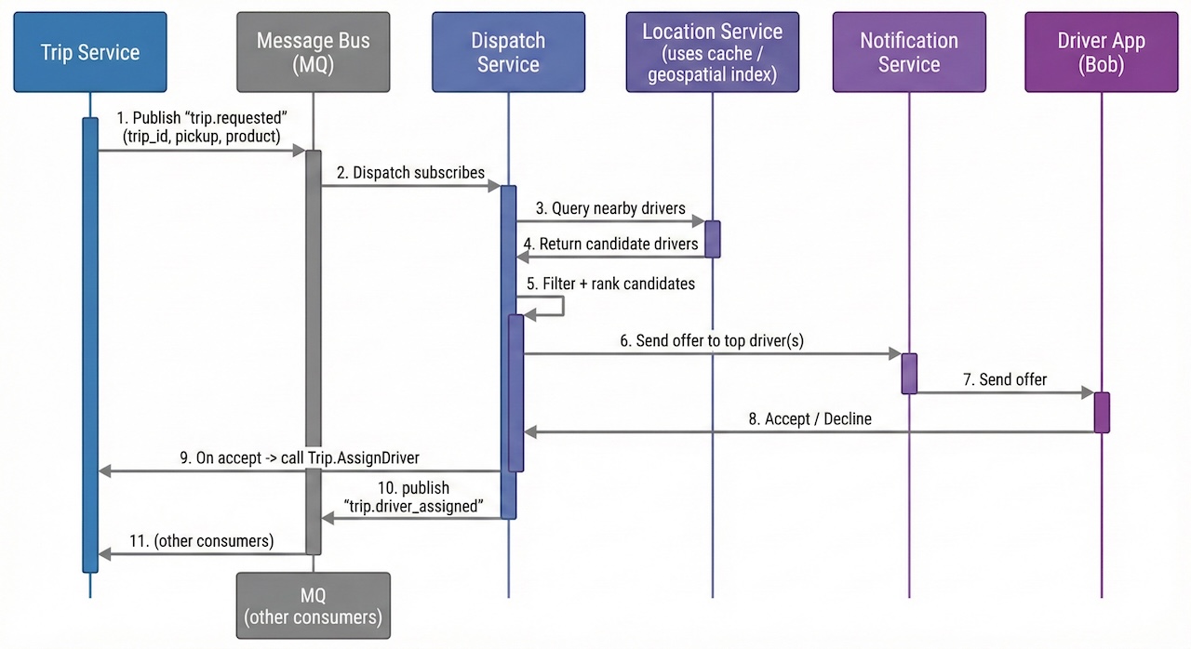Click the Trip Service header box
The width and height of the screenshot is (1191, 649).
90,52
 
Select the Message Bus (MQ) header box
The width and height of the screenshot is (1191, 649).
313,52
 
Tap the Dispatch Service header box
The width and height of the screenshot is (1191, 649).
508,52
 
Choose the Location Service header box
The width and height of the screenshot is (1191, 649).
712,52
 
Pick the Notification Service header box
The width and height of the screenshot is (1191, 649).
908,52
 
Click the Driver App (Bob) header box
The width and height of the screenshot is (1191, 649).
1101,52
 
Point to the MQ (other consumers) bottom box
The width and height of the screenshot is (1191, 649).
313,605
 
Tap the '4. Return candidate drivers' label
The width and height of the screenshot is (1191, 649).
610,244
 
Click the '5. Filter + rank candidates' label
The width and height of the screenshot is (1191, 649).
609,284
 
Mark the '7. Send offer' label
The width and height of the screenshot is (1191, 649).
1004,379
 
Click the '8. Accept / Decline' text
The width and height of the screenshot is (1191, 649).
810,419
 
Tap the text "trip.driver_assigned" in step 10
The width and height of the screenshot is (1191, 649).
414,506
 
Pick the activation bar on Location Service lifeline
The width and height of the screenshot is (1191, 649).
712,239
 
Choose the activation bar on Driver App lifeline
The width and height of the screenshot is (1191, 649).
1102,412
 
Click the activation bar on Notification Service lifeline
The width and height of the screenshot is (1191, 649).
909,373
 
